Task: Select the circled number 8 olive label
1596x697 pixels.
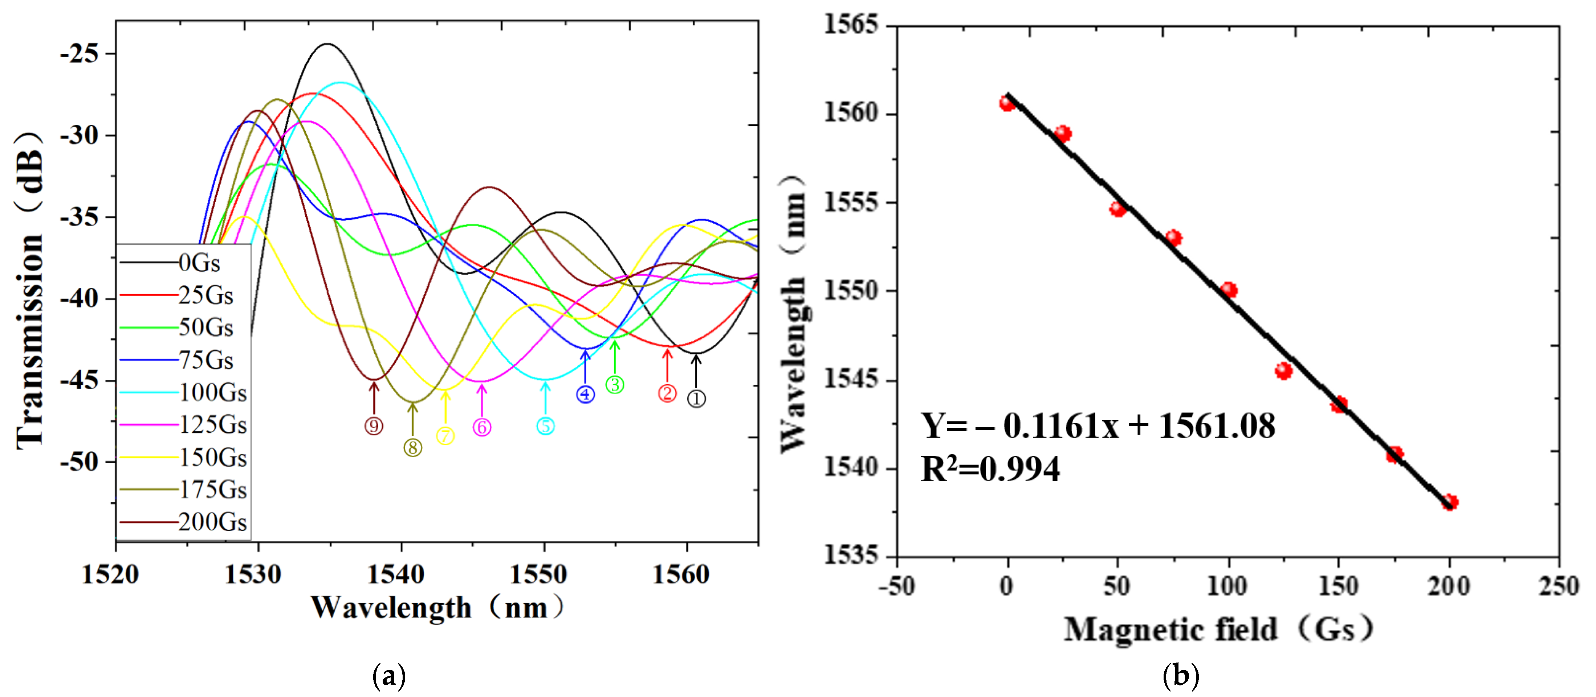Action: [413, 448]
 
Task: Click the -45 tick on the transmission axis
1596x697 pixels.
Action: [79, 380]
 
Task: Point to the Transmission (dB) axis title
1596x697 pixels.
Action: [30, 291]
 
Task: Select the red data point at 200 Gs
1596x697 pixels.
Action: [1449, 502]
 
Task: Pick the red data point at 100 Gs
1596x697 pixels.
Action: [1229, 290]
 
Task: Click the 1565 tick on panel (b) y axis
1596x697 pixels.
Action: [851, 25]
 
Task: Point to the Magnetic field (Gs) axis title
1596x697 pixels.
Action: [1218, 630]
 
